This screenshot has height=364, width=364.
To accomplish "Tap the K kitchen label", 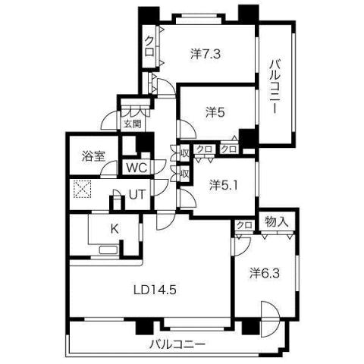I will click(115, 227).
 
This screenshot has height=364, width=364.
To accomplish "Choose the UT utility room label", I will click(136, 194).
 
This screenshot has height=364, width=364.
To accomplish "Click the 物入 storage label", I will click(276, 221).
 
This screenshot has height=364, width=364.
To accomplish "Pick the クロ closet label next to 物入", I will click(243, 225).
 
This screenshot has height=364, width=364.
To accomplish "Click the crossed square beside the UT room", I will click(81, 189).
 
